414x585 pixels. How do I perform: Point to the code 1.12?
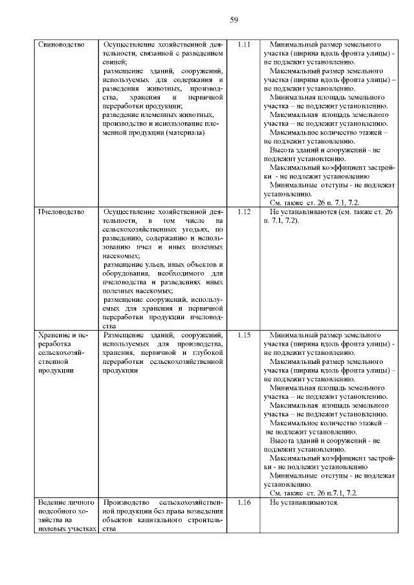pyautogui.click(x=244, y=211)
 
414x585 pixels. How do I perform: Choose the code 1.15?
pyautogui.click(x=244, y=335)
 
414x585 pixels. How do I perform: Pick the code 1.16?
pyautogui.click(x=244, y=502)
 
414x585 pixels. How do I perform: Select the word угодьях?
pyautogui.click(x=192, y=229)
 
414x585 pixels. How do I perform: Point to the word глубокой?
pyautogui.click(x=207, y=354)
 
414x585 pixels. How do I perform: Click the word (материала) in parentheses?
pyautogui.click(x=184, y=133)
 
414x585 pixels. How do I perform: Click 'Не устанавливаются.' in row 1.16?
pyautogui.click(x=304, y=502)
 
